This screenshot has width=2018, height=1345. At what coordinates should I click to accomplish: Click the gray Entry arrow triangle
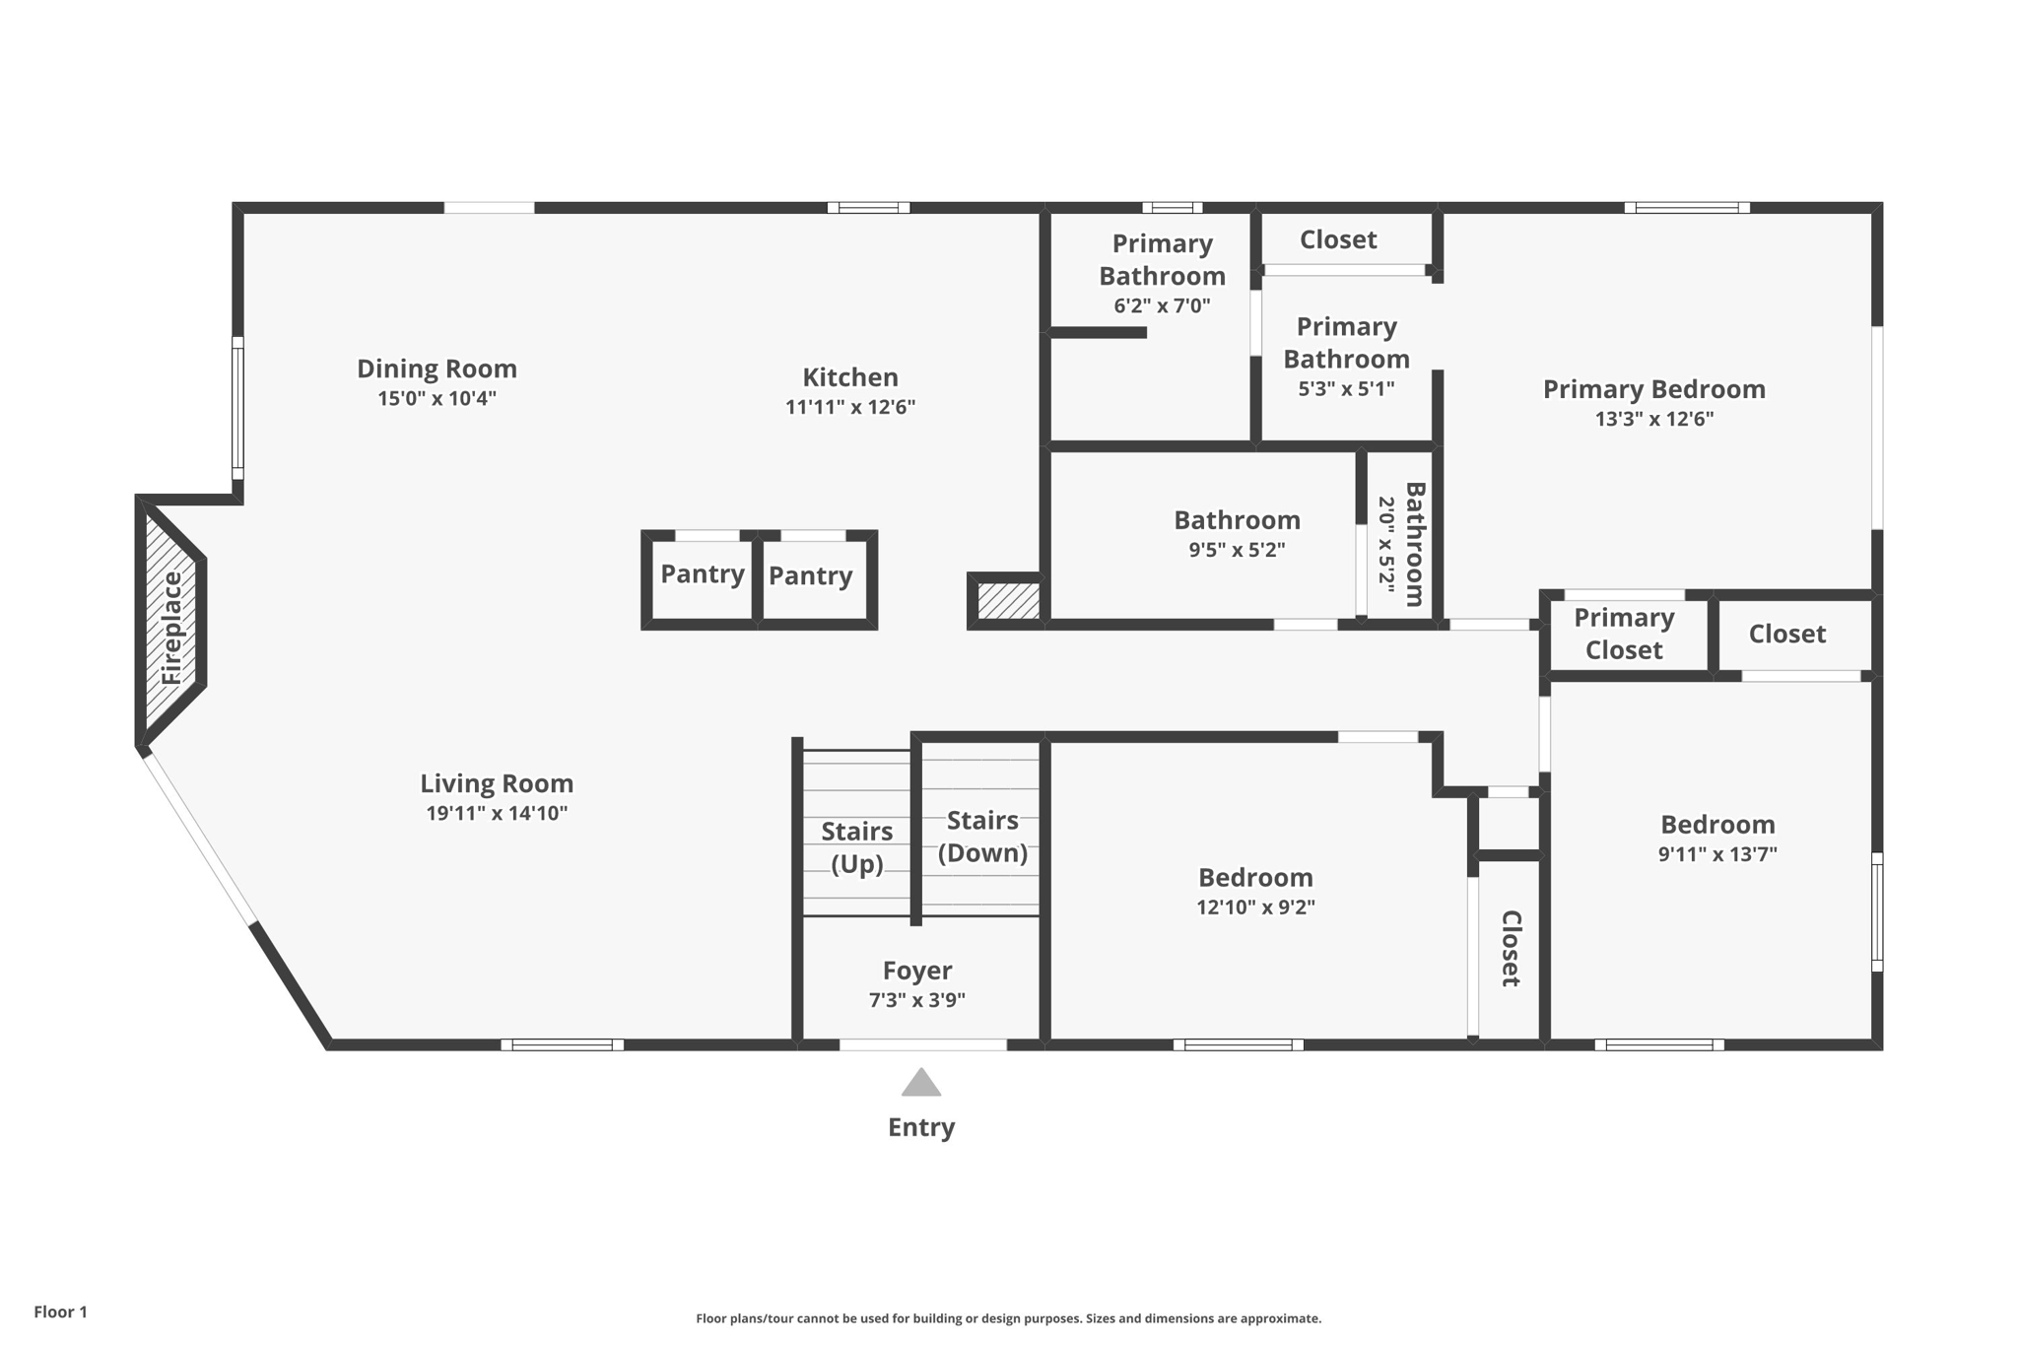point(921,1084)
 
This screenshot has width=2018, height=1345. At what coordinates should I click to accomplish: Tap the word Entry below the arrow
point(921,1127)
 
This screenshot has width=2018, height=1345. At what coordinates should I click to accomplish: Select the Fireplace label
point(171,629)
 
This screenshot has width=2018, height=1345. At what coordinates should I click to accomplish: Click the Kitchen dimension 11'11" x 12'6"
point(850,407)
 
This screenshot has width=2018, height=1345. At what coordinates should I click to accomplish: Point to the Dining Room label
point(437,369)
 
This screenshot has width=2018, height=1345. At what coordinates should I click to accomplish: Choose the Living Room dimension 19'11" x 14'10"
point(497,814)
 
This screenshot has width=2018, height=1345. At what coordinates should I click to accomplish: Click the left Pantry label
point(702,573)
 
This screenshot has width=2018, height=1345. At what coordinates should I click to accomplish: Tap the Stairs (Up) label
point(856,847)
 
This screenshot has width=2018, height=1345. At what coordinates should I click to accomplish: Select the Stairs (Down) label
point(982,837)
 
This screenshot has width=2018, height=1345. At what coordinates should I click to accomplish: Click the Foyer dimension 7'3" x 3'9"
point(916,1000)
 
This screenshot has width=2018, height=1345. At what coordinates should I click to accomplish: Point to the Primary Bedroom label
point(1653,389)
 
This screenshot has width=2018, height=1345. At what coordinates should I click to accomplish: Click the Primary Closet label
point(1624,634)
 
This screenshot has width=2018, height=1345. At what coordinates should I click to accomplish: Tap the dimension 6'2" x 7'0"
point(1162,305)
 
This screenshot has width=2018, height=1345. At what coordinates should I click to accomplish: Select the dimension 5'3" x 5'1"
point(1346,388)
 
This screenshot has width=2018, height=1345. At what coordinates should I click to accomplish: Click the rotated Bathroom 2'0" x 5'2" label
point(1402,544)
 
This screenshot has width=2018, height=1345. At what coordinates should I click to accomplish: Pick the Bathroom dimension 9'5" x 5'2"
point(1237,550)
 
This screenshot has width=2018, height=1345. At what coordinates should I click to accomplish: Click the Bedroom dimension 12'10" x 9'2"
point(1255,908)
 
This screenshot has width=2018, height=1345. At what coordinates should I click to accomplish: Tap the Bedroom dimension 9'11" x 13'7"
point(1717,854)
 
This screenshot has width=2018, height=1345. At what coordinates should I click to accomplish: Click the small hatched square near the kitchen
point(1008,601)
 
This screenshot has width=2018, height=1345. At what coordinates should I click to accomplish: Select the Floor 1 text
point(60,1311)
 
